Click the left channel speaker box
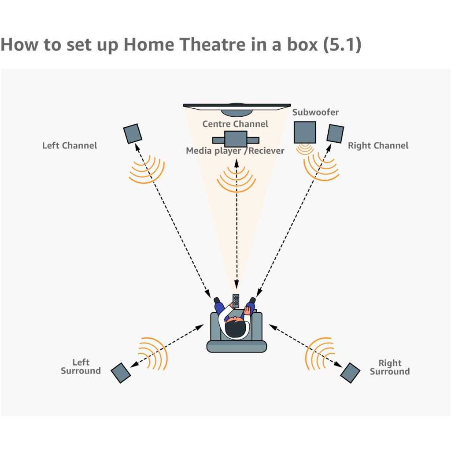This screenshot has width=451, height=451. (x=133, y=133)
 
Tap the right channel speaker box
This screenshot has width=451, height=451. (x=335, y=133)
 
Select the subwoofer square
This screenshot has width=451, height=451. (x=305, y=132)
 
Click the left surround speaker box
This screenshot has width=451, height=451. (x=120, y=373)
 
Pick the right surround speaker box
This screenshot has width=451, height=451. (x=351, y=373)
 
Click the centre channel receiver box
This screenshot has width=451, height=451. (x=236, y=139)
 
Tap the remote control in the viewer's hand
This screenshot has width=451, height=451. (x=236, y=301)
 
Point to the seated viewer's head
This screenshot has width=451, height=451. (x=235, y=327)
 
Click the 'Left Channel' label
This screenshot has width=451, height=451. (x=70, y=145)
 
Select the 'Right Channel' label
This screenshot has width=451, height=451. (x=378, y=145)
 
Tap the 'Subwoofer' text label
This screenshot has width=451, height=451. (x=315, y=112)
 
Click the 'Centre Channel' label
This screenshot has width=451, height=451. (x=235, y=124)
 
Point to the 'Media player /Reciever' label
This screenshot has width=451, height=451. (x=235, y=151)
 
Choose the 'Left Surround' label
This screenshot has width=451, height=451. (x=81, y=366)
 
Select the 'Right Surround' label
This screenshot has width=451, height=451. (x=390, y=367)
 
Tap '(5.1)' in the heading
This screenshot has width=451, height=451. (x=342, y=45)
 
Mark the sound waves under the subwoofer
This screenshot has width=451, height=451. (x=305, y=149)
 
